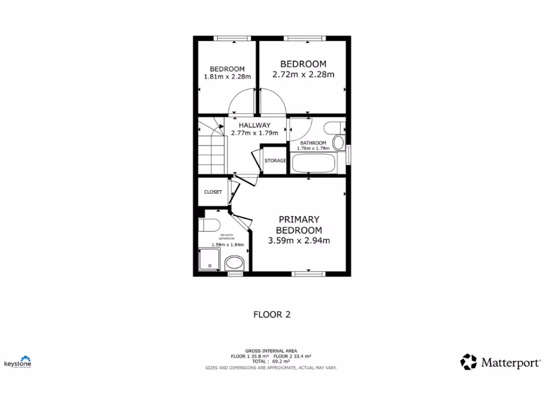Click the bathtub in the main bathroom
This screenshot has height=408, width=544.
point(313,163)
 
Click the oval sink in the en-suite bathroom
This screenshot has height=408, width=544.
point(234,262)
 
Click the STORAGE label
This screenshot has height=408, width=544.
point(275,160)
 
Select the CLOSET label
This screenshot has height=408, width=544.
point(212,192)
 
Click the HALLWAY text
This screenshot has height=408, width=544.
point(254,125)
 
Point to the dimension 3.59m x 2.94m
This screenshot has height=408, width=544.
point(300,241)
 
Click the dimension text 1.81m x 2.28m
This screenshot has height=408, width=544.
point(227,76)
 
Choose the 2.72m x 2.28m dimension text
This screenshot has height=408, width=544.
point(303,74)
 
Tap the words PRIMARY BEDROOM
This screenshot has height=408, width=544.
point(300,225)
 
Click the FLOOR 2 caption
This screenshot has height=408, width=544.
point(271,314)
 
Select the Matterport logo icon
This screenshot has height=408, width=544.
point(469,362)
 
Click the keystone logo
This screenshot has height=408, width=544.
point(18,362)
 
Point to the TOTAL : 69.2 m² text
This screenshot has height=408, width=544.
point(271,361)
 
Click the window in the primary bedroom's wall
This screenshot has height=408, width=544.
point(309,274)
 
